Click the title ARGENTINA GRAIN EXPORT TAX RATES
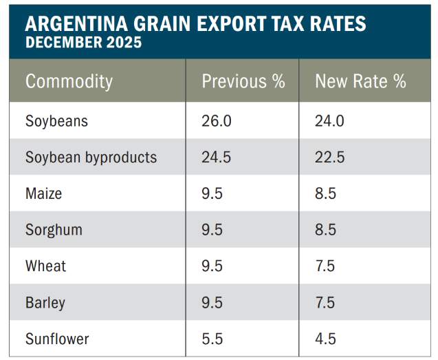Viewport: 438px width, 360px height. (x=195, y=24)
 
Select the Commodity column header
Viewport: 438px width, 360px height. (x=69, y=81)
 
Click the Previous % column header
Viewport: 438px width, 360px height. (x=243, y=81)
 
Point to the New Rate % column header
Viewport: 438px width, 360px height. (x=360, y=81)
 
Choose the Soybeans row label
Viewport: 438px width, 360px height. (x=57, y=121)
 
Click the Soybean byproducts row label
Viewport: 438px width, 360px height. (x=91, y=158)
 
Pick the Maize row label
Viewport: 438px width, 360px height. (x=43, y=193)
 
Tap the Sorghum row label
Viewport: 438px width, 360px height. (x=54, y=230)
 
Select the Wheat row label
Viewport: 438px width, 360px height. (x=45, y=266)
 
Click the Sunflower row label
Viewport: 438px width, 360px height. (x=57, y=339)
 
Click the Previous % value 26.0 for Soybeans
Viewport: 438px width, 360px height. (x=217, y=121)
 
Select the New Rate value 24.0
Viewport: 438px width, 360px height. (x=330, y=121)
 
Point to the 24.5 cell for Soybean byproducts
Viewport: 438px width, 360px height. (x=216, y=158)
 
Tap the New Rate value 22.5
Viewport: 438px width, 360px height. (x=329, y=158)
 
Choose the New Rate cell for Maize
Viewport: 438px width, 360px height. (x=325, y=193)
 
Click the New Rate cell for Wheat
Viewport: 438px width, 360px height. (x=325, y=266)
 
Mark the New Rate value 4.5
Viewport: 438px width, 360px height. (x=325, y=339)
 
